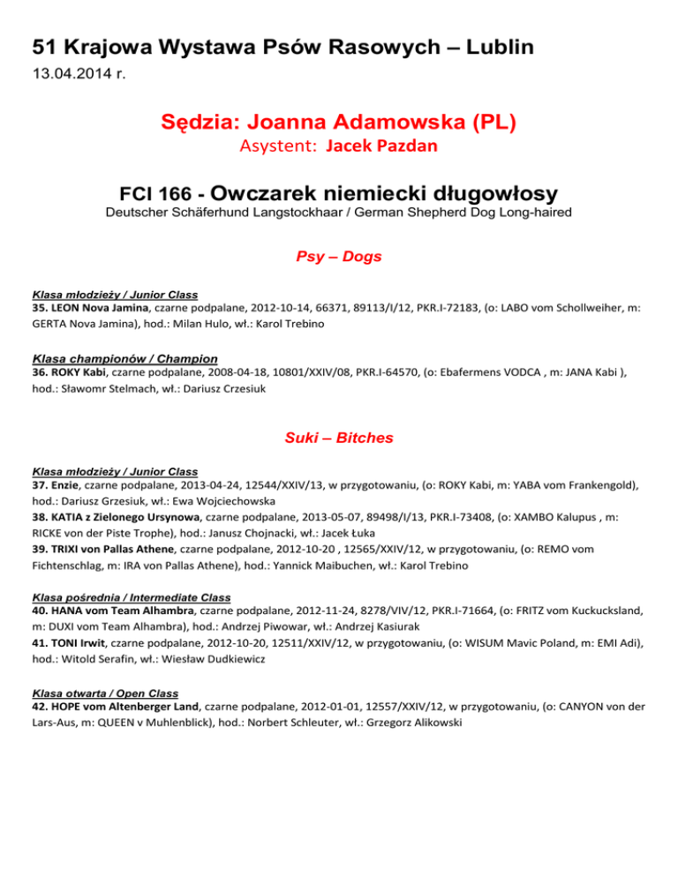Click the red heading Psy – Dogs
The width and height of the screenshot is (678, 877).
[x=339, y=258]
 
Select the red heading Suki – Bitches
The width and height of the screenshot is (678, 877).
[x=339, y=437]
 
